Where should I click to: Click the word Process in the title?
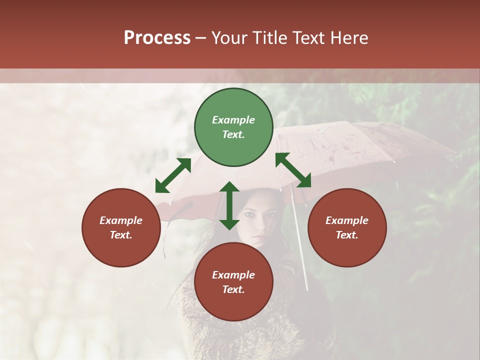(x=157, y=38)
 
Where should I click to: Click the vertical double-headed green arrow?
(x=229, y=205)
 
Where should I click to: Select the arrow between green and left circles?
(x=173, y=175)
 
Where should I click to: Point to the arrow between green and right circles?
(x=293, y=170)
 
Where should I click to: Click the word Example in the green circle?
(x=233, y=120)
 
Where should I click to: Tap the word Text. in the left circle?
(x=121, y=235)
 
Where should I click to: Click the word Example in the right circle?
(x=347, y=220)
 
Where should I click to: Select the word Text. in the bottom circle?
(x=233, y=289)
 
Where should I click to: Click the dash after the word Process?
(x=201, y=38)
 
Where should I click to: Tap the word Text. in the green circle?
(x=233, y=134)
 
